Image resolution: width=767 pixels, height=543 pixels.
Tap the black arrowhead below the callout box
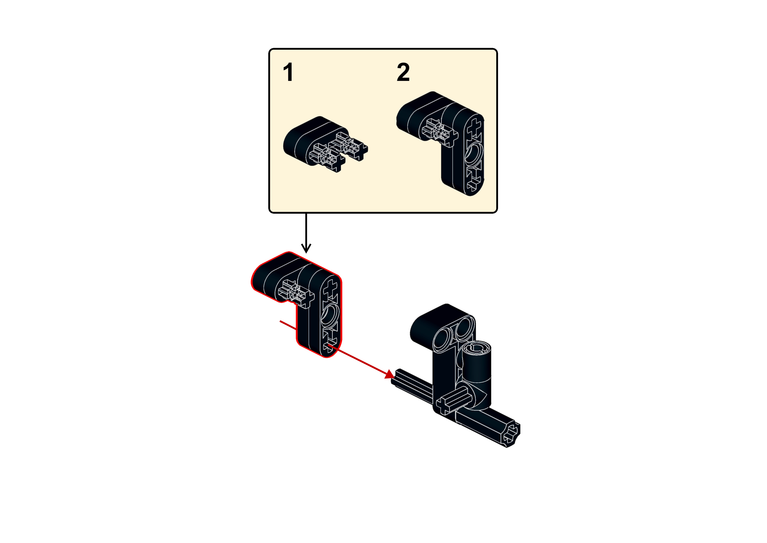(x=306, y=248)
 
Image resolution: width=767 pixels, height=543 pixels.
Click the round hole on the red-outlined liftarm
(x=330, y=315)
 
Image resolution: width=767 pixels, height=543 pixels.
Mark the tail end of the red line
(x=280, y=321)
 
